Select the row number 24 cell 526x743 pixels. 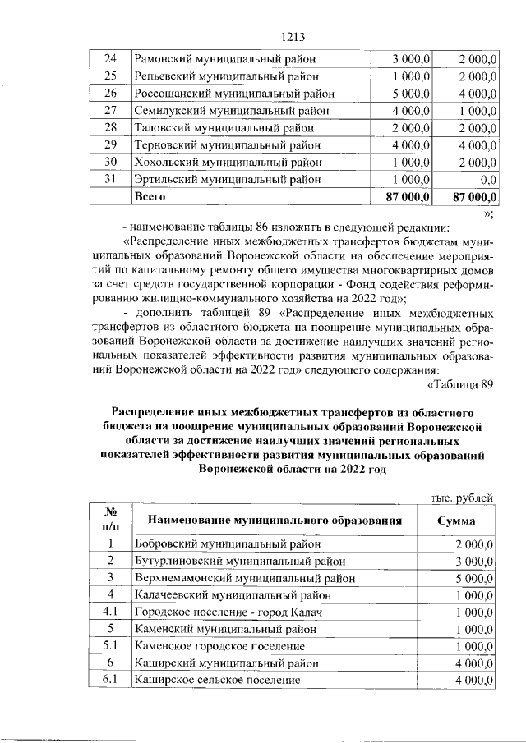111,59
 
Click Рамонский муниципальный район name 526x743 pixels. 225,59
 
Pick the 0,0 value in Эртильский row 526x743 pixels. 486,180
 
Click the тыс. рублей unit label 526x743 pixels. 462,497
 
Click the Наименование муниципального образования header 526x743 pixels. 275,521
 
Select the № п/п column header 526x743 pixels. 108,520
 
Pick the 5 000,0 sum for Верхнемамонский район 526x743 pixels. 473,578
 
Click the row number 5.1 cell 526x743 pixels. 108,646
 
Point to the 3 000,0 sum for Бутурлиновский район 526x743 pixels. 473,561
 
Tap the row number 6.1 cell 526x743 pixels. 108,681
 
